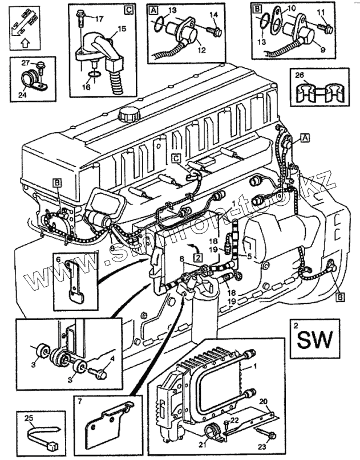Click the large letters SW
(313, 340)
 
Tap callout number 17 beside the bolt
(99, 19)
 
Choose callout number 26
(300, 74)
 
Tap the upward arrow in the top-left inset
(23, 41)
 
